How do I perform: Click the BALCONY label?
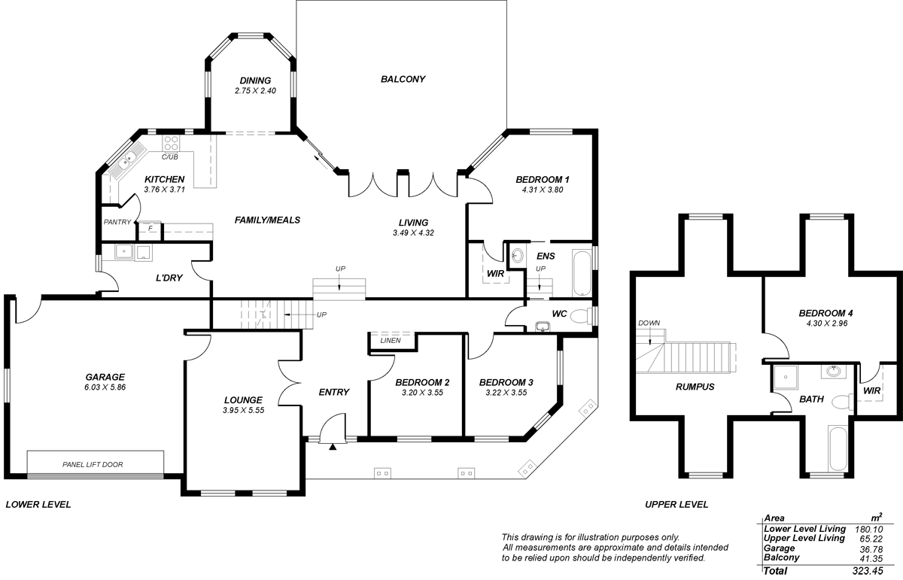tap(403, 79)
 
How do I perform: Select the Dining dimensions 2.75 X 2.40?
tap(255, 91)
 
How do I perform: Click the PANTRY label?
tap(117, 222)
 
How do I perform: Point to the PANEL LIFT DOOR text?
tap(93, 464)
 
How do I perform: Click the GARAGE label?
tap(105, 378)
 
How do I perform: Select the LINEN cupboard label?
tap(391, 341)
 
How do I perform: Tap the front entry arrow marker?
tap(333, 448)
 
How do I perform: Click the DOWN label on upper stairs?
tap(649, 323)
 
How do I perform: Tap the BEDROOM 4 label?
tap(825, 313)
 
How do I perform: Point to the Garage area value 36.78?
tap(869, 548)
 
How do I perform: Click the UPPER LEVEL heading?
tap(676, 505)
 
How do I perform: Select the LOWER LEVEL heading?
tap(38, 505)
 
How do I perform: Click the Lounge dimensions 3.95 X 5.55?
tap(243, 411)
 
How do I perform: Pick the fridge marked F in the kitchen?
tap(150, 227)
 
